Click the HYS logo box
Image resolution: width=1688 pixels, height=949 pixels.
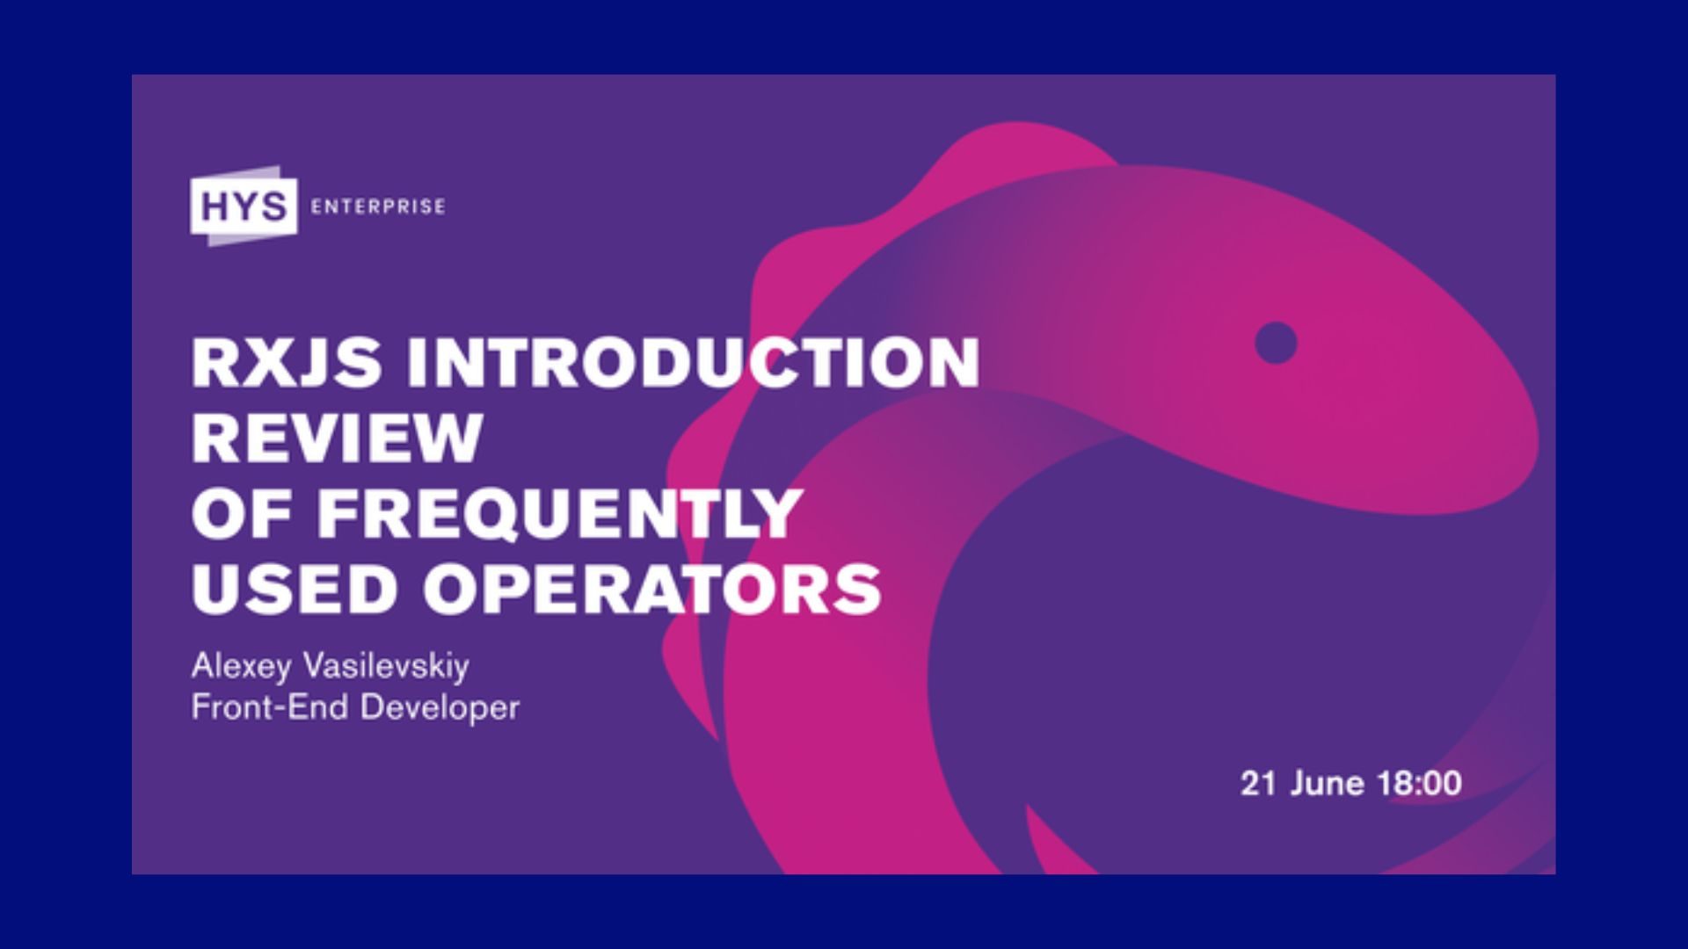244,206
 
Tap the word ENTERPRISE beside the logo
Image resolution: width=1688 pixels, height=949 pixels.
378,207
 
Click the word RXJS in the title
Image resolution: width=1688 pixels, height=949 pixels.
287,362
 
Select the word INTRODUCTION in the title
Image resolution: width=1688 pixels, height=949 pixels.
693,362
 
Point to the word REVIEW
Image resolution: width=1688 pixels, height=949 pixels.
338,438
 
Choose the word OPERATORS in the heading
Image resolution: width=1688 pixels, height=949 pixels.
652,589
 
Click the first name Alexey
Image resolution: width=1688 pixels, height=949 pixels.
241,667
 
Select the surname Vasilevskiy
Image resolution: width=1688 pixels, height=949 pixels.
385,667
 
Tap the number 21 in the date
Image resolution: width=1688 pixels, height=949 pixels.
1258,783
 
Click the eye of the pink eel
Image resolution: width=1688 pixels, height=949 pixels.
1276,343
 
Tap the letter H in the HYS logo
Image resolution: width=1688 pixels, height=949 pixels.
215,207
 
